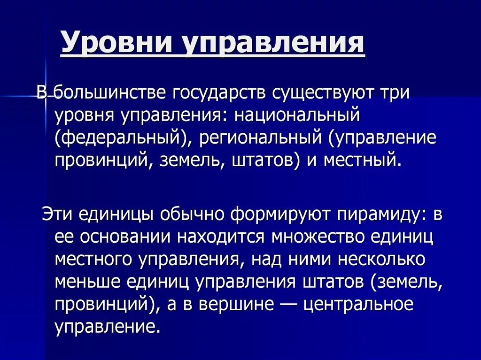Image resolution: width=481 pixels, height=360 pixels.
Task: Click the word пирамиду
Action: point(379,214)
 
